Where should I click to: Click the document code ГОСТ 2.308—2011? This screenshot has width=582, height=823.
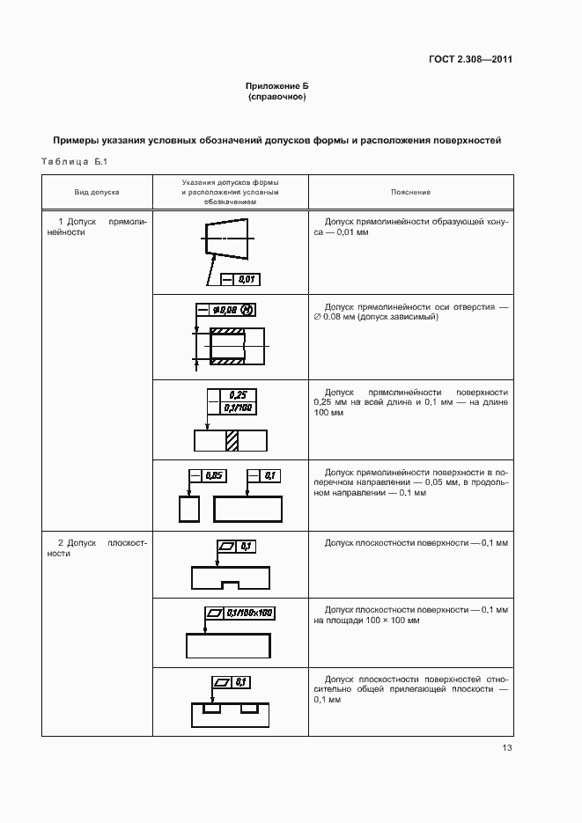470,60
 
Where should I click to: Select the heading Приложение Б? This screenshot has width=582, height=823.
276,85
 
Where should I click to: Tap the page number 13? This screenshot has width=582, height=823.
506,748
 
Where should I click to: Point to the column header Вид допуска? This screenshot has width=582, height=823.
97,191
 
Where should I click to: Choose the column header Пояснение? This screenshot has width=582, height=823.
410,191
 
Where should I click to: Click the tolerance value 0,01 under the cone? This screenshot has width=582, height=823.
247,279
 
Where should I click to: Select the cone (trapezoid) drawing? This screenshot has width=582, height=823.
225,237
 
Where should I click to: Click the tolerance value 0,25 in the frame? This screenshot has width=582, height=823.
237,395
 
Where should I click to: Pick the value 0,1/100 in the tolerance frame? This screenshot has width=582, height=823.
237,408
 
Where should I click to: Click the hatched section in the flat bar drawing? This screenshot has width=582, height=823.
232,439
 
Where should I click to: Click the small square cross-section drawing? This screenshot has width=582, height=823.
189,510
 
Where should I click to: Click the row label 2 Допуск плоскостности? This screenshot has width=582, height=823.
96,548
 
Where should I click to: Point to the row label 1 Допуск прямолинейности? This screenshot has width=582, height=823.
96,227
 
